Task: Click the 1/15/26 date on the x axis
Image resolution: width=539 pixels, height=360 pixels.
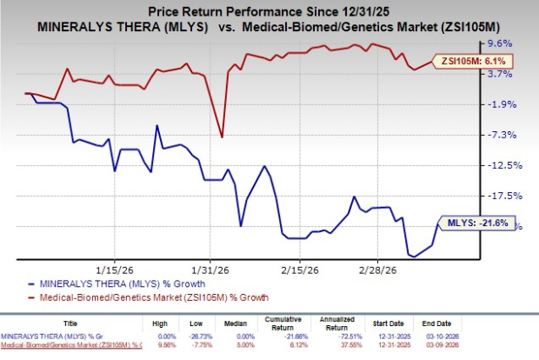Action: click(x=115, y=270)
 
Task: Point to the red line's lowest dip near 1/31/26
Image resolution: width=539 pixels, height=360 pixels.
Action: click(x=223, y=137)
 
